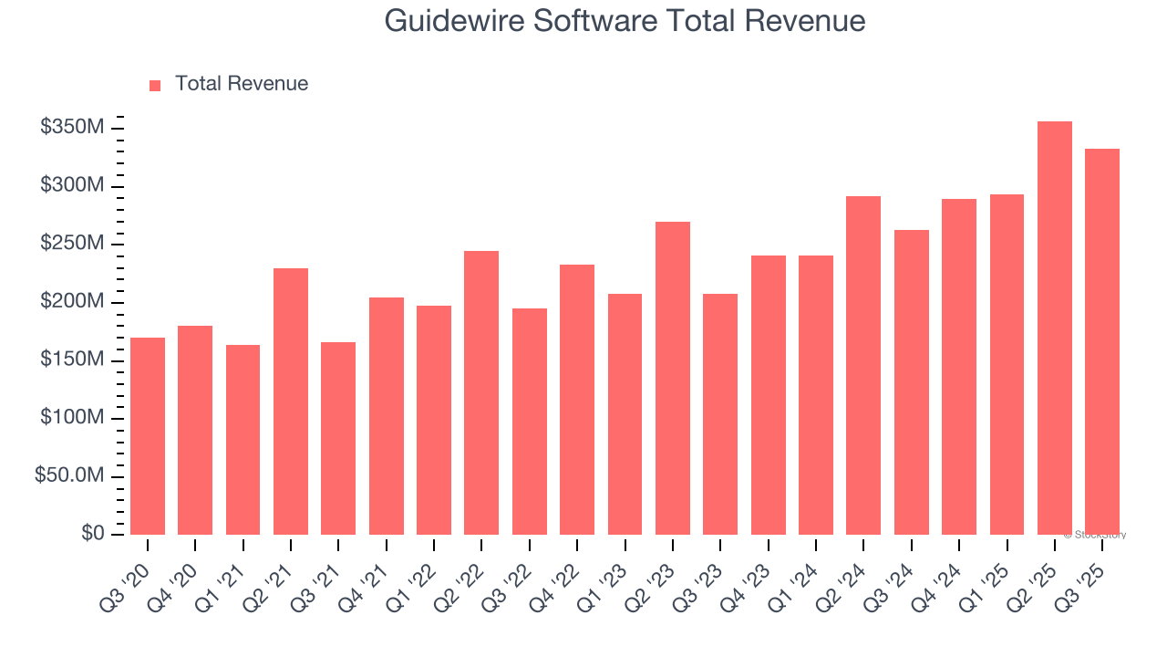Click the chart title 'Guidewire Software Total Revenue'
coord(625,20)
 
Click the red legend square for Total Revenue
coord(155,85)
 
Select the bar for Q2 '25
coord(1055,328)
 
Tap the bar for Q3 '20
coord(148,436)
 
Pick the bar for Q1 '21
coord(243,440)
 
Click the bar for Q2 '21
coord(291,401)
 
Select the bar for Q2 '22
coord(481,392)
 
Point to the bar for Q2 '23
coord(673,378)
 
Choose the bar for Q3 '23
coord(720,414)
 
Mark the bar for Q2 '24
coord(863,365)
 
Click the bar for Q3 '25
coord(1102,341)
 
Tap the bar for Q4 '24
coord(959,367)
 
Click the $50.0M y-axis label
coord(69,476)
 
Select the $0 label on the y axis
coord(92,534)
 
